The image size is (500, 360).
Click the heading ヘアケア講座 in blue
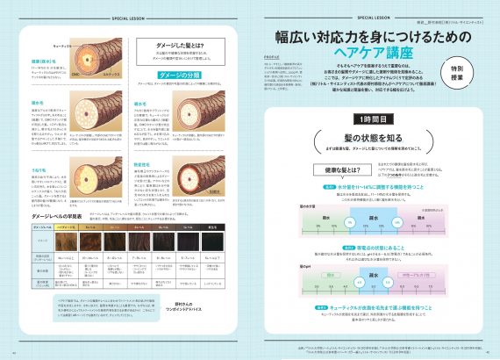pyautogui.click(x=360, y=54)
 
